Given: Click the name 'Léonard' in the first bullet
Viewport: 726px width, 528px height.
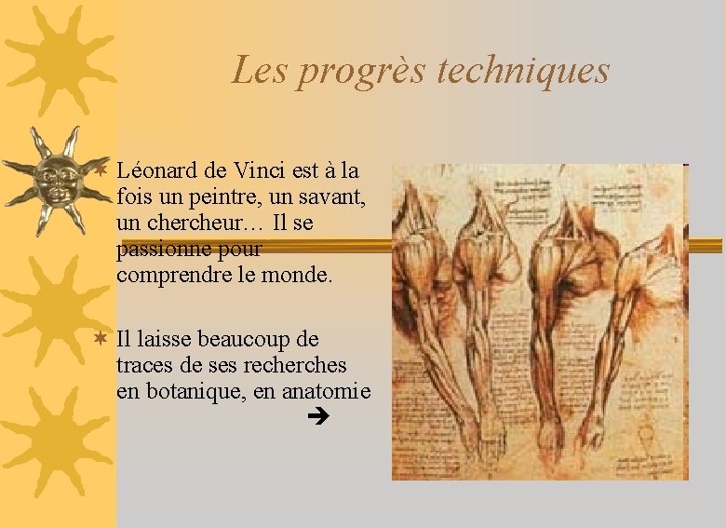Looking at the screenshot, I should (x=157, y=171).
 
